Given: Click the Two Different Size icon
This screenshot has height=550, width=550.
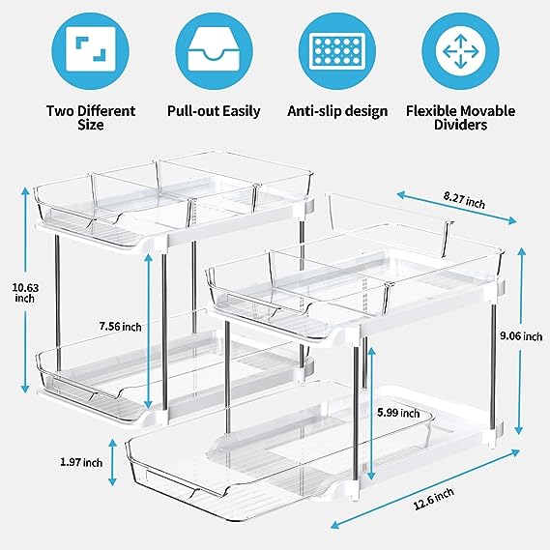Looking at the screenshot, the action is [x=91, y=51].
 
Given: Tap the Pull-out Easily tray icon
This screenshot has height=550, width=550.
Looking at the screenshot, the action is [x=214, y=51].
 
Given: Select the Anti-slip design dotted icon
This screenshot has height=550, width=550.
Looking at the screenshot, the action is [x=337, y=51].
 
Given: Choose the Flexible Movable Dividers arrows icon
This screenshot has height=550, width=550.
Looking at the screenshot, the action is [x=460, y=51].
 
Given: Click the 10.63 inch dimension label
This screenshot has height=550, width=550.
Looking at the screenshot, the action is [x=25, y=293].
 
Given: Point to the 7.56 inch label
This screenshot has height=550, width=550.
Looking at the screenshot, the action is [x=120, y=327].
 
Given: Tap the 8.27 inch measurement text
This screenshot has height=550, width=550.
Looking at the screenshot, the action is [x=464, y=200].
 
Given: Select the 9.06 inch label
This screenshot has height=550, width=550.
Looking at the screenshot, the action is [x=521, y=336].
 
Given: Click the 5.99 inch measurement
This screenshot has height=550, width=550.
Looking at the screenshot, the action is [x=398, y=413].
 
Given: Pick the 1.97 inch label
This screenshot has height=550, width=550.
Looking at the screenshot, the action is [x=81, y=462].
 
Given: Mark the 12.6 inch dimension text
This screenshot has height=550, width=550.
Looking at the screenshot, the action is [x=434, y=499].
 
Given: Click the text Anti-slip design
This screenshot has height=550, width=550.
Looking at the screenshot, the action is [x=337, y=111].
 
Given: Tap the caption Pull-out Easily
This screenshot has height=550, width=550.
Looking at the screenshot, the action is [x=214, y=111].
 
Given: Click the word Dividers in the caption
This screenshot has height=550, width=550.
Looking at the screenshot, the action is [x=460, y=125].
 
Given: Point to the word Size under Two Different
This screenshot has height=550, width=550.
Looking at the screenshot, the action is [x=91, y=125].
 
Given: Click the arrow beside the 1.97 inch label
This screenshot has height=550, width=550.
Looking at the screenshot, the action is [x=112, y=462].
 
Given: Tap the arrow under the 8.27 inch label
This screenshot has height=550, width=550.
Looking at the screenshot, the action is [x=456, y=207].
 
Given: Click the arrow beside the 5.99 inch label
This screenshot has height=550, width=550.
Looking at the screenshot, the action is [x=371, y=416].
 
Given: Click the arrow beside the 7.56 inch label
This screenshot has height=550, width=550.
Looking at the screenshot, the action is [x=148, y=332].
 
